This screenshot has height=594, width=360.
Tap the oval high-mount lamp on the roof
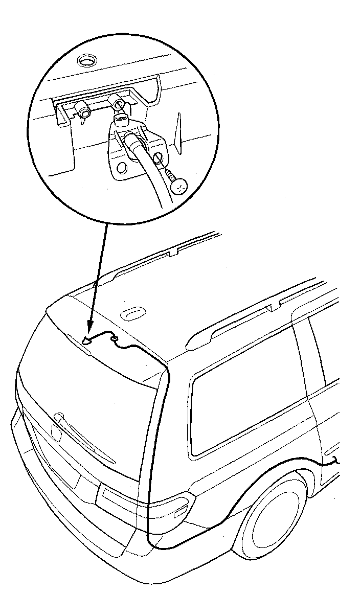pos(133,312)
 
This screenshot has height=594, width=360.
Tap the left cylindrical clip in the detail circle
pos(83,109)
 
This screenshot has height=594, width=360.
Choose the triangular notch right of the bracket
pos(178,131)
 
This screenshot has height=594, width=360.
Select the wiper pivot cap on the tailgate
pos(57,431)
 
